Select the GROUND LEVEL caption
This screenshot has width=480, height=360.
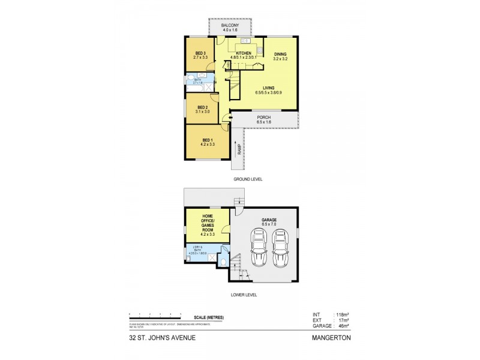pyautogui.click(x=248, y=179)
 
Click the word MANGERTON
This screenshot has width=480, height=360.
pyautogui.click(x=331, y=337)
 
